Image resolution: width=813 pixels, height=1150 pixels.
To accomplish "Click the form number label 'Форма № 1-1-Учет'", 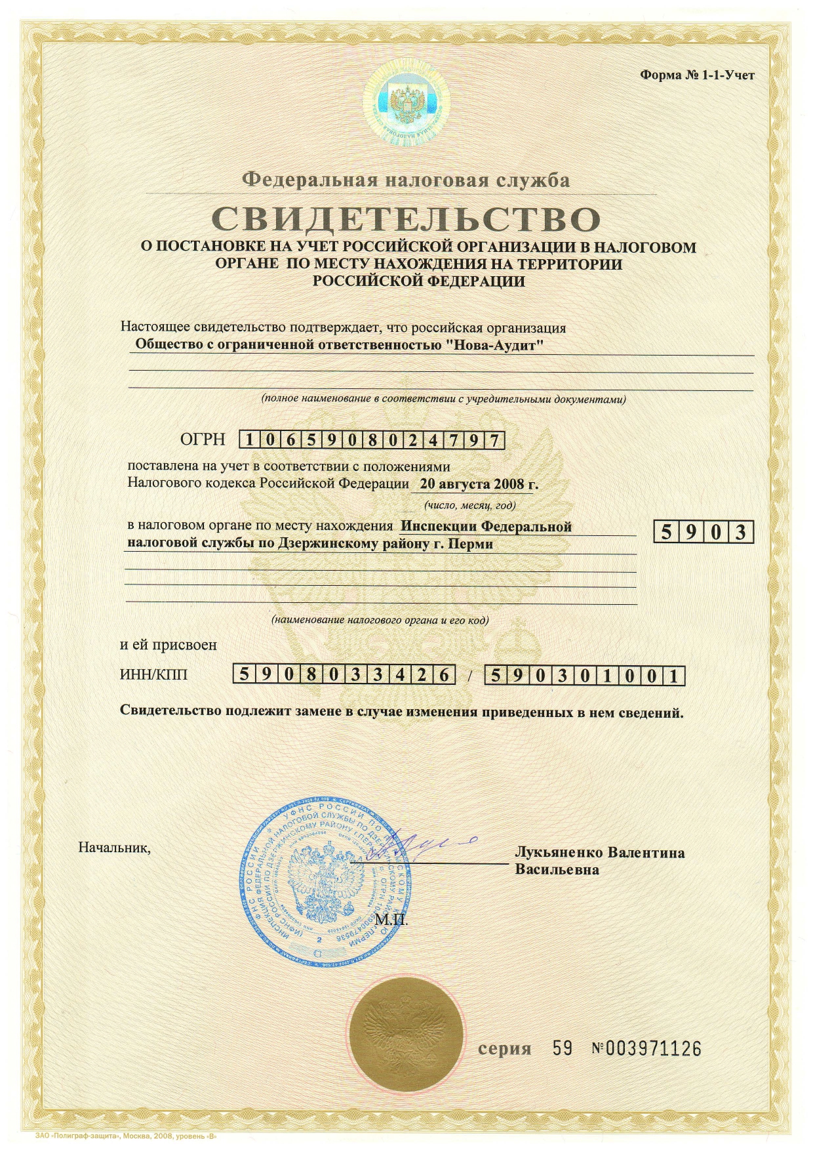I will click(x=697, y=75).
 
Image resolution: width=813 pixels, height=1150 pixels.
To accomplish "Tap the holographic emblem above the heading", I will click(x=407, y=104).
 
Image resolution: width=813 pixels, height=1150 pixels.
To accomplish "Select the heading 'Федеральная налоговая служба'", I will click(x=406, y=180).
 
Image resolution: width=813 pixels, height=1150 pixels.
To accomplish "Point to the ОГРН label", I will click(x=203, y=440).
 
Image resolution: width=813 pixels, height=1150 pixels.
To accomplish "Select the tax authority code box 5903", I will click(x=704, y=532).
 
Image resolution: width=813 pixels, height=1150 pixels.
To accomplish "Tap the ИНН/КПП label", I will click(x=153, y=674).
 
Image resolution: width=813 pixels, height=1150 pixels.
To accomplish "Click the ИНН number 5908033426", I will click(x=344, y=675).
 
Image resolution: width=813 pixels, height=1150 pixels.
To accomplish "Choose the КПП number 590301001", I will click(x=584, y=676).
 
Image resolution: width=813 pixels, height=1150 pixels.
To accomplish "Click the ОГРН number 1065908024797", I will click(x=372, y=440).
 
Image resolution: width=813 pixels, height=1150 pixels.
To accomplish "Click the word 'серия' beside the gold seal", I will click(x=504, y=1049).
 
